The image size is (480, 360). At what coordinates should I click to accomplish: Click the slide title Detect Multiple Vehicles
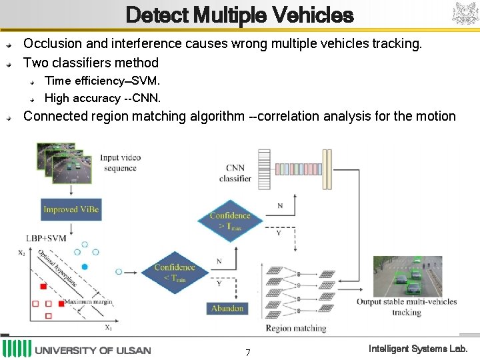[239, 15]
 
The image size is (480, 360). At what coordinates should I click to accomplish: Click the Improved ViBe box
[71, 209]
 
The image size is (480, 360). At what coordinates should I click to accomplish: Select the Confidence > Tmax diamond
[230, 220]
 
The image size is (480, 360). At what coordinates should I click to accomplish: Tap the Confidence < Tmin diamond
[174, 272]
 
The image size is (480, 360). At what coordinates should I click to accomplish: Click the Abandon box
[227, 309]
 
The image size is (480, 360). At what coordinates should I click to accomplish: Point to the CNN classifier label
[235, 173]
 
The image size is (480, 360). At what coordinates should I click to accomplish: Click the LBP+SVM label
[46, 238]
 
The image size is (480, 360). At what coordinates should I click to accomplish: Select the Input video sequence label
[120, 163]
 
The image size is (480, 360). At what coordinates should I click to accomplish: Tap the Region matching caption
[295, 328]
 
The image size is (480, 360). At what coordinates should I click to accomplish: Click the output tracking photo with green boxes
[407, 276]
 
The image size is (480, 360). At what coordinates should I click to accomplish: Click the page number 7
[247, 352]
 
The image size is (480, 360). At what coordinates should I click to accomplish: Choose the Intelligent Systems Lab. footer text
[418, 349]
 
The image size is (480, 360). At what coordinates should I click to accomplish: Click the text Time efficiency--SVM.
[102, 81]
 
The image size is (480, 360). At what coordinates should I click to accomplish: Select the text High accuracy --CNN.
[102, 98]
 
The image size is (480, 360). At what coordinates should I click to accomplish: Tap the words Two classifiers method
[91, 63]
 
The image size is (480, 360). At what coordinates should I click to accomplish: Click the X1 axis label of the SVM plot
[109, 327]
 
